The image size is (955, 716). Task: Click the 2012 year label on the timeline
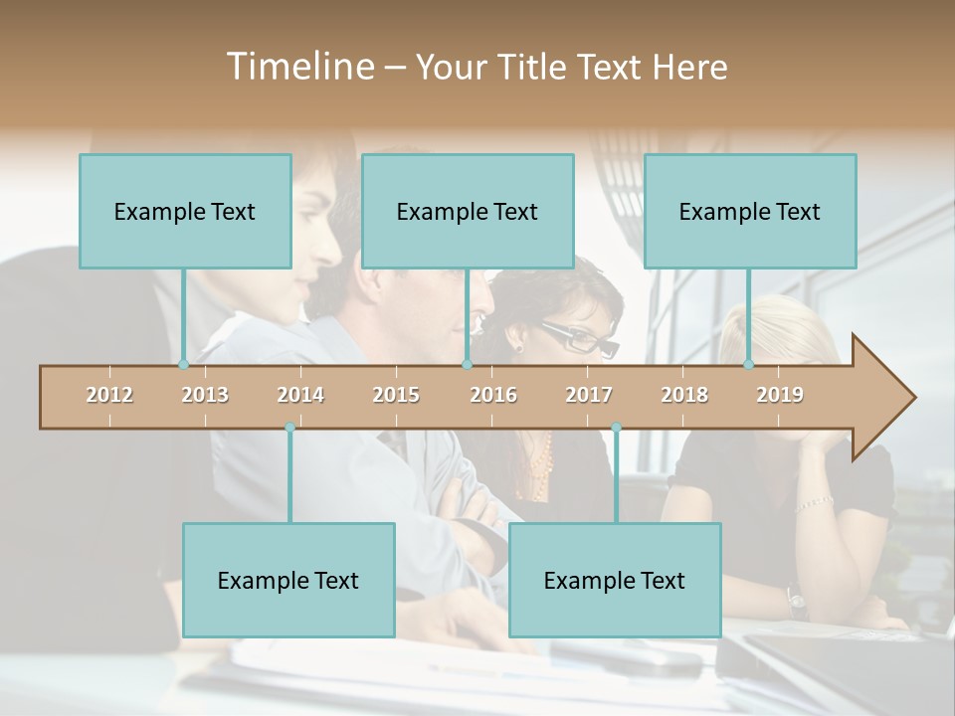tap(109, 395)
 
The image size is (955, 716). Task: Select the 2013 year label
tap(205, 395)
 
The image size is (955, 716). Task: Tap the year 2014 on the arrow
tap(300, 395)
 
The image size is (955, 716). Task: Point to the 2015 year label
tap(396, 395)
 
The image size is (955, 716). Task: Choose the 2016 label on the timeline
tap(493, 395)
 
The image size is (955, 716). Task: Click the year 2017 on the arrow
tap(589, 395)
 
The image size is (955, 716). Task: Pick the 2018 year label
tap(684, 395)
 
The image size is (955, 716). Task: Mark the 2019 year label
tap(780, 395)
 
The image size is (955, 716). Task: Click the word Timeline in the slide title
tap(298, 67)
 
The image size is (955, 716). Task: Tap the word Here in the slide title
tap(689, 67)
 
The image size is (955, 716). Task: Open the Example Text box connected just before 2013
tap(185, 211)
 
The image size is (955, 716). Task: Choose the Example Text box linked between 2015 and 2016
tap(468, 211)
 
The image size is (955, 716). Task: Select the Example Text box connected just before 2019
tap(750, 211)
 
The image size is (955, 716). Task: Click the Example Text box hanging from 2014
tap(288, 580)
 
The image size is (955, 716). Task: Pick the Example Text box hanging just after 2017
tap(615, 580)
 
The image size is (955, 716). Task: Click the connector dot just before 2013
tap(183, 365)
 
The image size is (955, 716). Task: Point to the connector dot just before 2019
tap(748, 365)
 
